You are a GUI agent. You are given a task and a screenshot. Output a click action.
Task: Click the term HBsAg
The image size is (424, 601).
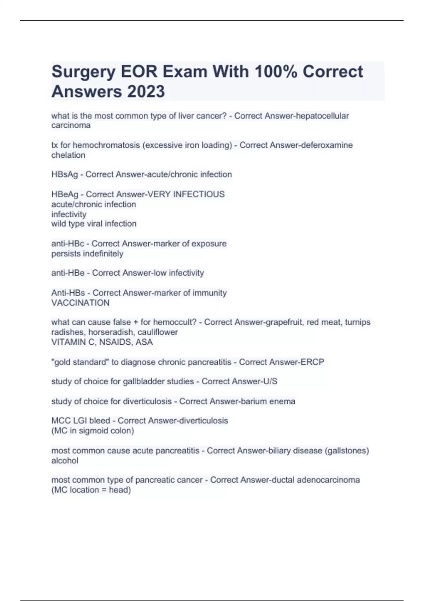[x=64, y=175]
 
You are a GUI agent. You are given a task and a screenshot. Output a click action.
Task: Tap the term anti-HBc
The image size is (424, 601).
[x=67, y=244]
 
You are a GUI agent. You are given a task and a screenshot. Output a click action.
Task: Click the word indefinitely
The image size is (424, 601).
[x=104, y=254]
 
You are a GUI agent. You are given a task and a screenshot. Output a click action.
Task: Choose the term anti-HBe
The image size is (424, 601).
[x=68, y=273]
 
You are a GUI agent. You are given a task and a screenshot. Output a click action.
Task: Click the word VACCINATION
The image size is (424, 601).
[x=81, y=303]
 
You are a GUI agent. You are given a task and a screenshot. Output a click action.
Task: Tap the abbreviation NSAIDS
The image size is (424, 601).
[x=114, y=342]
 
